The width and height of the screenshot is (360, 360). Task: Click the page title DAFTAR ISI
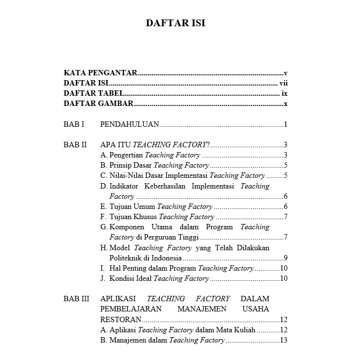tap(176, 23)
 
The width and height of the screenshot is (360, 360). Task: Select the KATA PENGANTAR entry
tap(100, 73)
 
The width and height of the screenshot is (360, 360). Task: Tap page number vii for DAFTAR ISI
tap(284, 84)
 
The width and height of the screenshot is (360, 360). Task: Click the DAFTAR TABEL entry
tap(94, 93)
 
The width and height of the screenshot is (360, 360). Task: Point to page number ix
tap(285, 93)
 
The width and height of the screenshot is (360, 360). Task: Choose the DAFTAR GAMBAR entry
tap(99, 103)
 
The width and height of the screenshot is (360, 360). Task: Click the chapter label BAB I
tap(74, 124)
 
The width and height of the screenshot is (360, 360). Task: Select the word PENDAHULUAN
tap(129, 124)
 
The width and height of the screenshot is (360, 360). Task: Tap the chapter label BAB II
tap(75, 145)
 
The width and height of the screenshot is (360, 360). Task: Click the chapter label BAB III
tap(76, 299)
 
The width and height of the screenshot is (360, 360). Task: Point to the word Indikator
tap(124, 186)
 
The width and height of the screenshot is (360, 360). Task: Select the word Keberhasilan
tap(165, 186)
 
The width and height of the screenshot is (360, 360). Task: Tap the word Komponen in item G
tap(126, 227)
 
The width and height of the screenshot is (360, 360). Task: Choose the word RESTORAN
tap(121, 319)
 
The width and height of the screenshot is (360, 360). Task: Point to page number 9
tap(286, 257)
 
